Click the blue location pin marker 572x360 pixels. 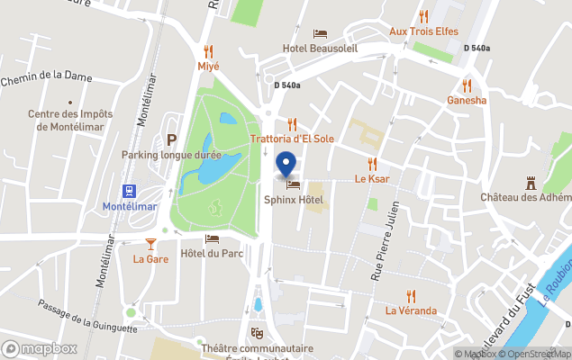(286, 165)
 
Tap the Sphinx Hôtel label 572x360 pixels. (293, 199)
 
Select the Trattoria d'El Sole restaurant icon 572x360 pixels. (292, 124)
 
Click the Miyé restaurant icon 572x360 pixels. (209, 51)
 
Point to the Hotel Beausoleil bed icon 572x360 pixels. (320, 33)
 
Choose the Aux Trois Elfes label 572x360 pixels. (423, 31)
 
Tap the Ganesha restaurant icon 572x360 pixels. (467, 85)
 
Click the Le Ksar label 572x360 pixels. (371, 178)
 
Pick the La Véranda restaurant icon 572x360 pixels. (411, 295)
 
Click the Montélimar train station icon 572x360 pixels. (130, 191)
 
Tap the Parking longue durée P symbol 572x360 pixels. (171, 139)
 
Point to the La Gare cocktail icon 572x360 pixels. (150, 244)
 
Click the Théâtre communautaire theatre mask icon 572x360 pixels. (257, 332)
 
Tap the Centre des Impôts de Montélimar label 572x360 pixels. (70, 120)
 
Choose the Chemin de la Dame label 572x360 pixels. (46, 77)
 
